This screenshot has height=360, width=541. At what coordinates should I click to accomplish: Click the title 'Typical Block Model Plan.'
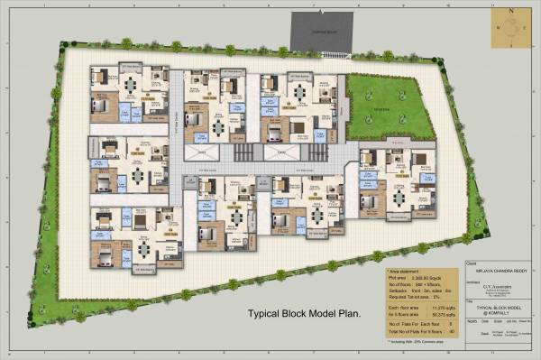tap(305, 314)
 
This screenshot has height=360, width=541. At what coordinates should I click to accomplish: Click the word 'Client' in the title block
tap(470, 263)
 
